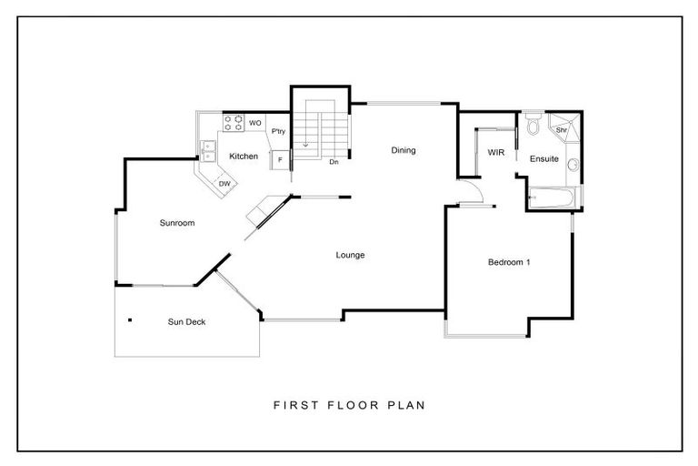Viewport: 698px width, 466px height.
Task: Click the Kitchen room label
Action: [x=243, y=157]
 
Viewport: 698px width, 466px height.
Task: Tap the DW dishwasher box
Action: [x=224, y=185]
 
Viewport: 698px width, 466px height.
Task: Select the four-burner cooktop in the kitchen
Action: [x=234, y=122]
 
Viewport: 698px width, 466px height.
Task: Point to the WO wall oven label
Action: [x=255, y=122]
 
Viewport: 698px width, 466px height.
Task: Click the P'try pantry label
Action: [x=279, y=133]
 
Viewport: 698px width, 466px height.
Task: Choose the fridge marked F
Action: [x=280, y=160]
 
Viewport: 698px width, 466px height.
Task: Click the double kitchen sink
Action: [x=207, y=150]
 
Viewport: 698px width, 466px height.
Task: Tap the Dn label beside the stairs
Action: [x=334, y=162]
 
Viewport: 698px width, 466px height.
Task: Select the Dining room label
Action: [x=404, y=150]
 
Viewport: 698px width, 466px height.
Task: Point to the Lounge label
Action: [x=350, y=255]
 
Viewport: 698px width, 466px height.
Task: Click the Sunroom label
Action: [x=177, y=223]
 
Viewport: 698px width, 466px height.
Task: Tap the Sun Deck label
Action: [x=186, y=321]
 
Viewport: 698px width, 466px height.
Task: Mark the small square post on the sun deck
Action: [x=131, y=319]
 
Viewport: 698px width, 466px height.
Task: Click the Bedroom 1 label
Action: [x=508, y=263]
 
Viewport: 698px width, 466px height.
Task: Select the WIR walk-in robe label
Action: [x=495, y=152]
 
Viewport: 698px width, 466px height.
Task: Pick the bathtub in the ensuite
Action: [x=552, y=197]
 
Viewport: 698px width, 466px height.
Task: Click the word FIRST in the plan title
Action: [x=293, y=404]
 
